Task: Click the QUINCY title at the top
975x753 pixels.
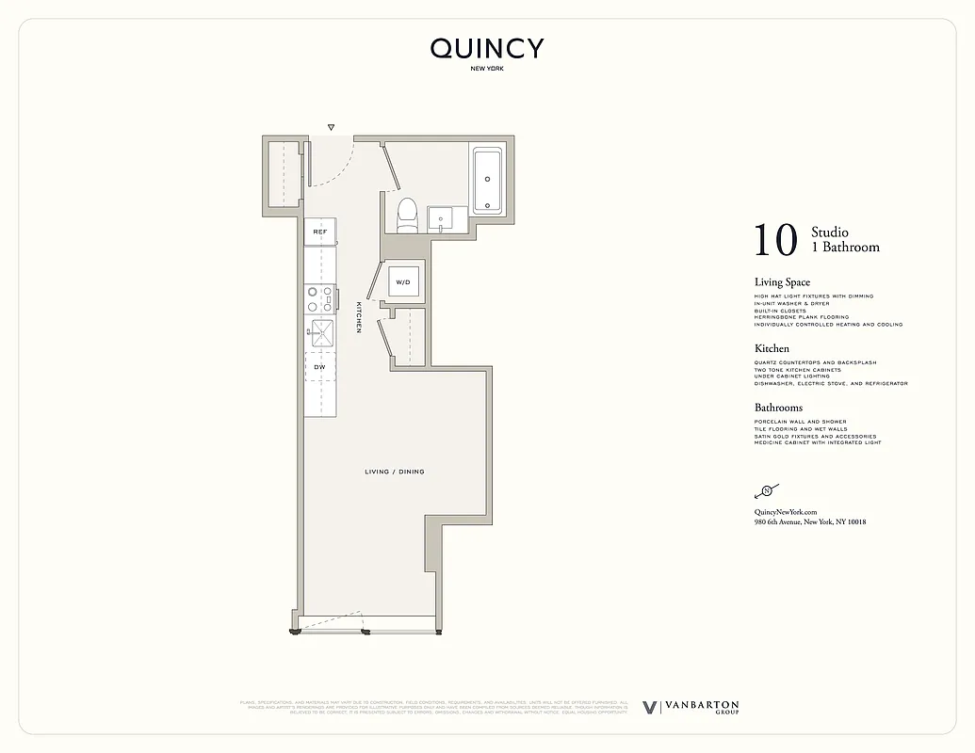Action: (x=487, y=49)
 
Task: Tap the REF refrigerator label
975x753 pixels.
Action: (x=319, y=231)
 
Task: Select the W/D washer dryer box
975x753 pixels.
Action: (x=403, y=281)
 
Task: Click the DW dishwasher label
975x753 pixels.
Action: (x=319, y=366)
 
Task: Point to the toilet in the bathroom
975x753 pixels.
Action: (x=407, y=214)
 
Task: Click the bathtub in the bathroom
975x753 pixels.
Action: (x=488, y=179)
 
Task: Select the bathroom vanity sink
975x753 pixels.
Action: (x=441, y=219)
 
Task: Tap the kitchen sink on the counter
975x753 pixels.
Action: (x=319, y=330)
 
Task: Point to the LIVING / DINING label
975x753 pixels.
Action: (x=394, y=472)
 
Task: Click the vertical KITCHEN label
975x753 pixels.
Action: (x=359, y=317)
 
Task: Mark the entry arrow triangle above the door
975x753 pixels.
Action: (x=331, y=127)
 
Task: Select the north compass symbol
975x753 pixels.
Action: (x=766, y=491)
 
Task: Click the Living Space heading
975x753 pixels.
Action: (x=782, y=282)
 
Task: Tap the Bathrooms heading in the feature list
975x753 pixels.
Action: (x=778, y=408)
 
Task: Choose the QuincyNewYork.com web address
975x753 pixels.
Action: (x=785, y=511)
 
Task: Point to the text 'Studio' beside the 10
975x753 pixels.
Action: (x=830, y=232)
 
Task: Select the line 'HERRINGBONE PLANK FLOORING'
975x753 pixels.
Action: (x=800, y=317)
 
